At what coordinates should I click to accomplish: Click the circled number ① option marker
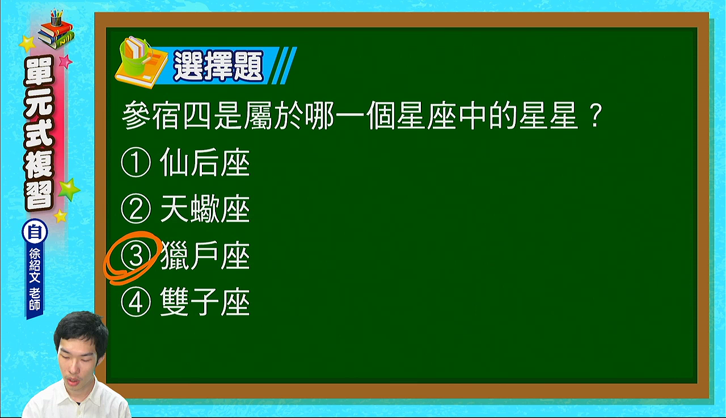(136, 163)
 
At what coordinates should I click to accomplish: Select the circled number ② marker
(136, 209)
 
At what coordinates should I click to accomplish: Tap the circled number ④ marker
(136, 302)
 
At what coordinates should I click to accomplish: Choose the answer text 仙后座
(205, 163)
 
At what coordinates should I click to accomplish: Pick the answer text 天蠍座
(205, 209)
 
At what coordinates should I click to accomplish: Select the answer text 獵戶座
(205, 255)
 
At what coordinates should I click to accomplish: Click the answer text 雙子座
(205, 302)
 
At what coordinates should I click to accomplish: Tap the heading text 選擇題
(218, 66)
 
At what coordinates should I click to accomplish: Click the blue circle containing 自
(35, 232)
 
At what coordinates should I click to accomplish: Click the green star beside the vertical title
(69, 189)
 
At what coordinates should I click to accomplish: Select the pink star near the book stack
(66, 61)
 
